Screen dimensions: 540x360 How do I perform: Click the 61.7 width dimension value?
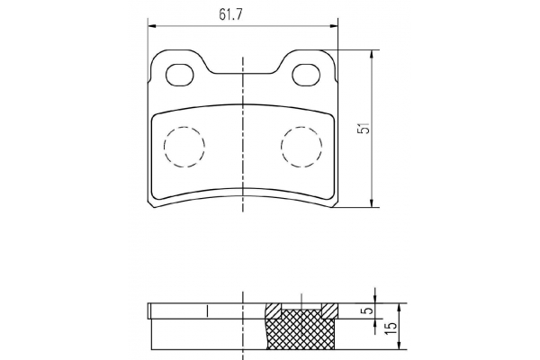coord(230,14)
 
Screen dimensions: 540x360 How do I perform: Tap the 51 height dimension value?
coord(364,129)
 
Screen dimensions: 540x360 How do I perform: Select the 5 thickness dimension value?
coord(368,310)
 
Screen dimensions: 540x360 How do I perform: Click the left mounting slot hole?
coord(180,75)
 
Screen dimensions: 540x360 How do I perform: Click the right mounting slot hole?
coord(306,75)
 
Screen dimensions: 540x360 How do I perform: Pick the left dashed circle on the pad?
coord(184,147)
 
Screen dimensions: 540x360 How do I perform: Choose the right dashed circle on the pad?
coord(301,147)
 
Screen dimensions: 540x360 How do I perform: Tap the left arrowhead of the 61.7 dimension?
coord(152,26)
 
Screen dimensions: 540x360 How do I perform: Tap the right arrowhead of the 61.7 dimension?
coord(333,26)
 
